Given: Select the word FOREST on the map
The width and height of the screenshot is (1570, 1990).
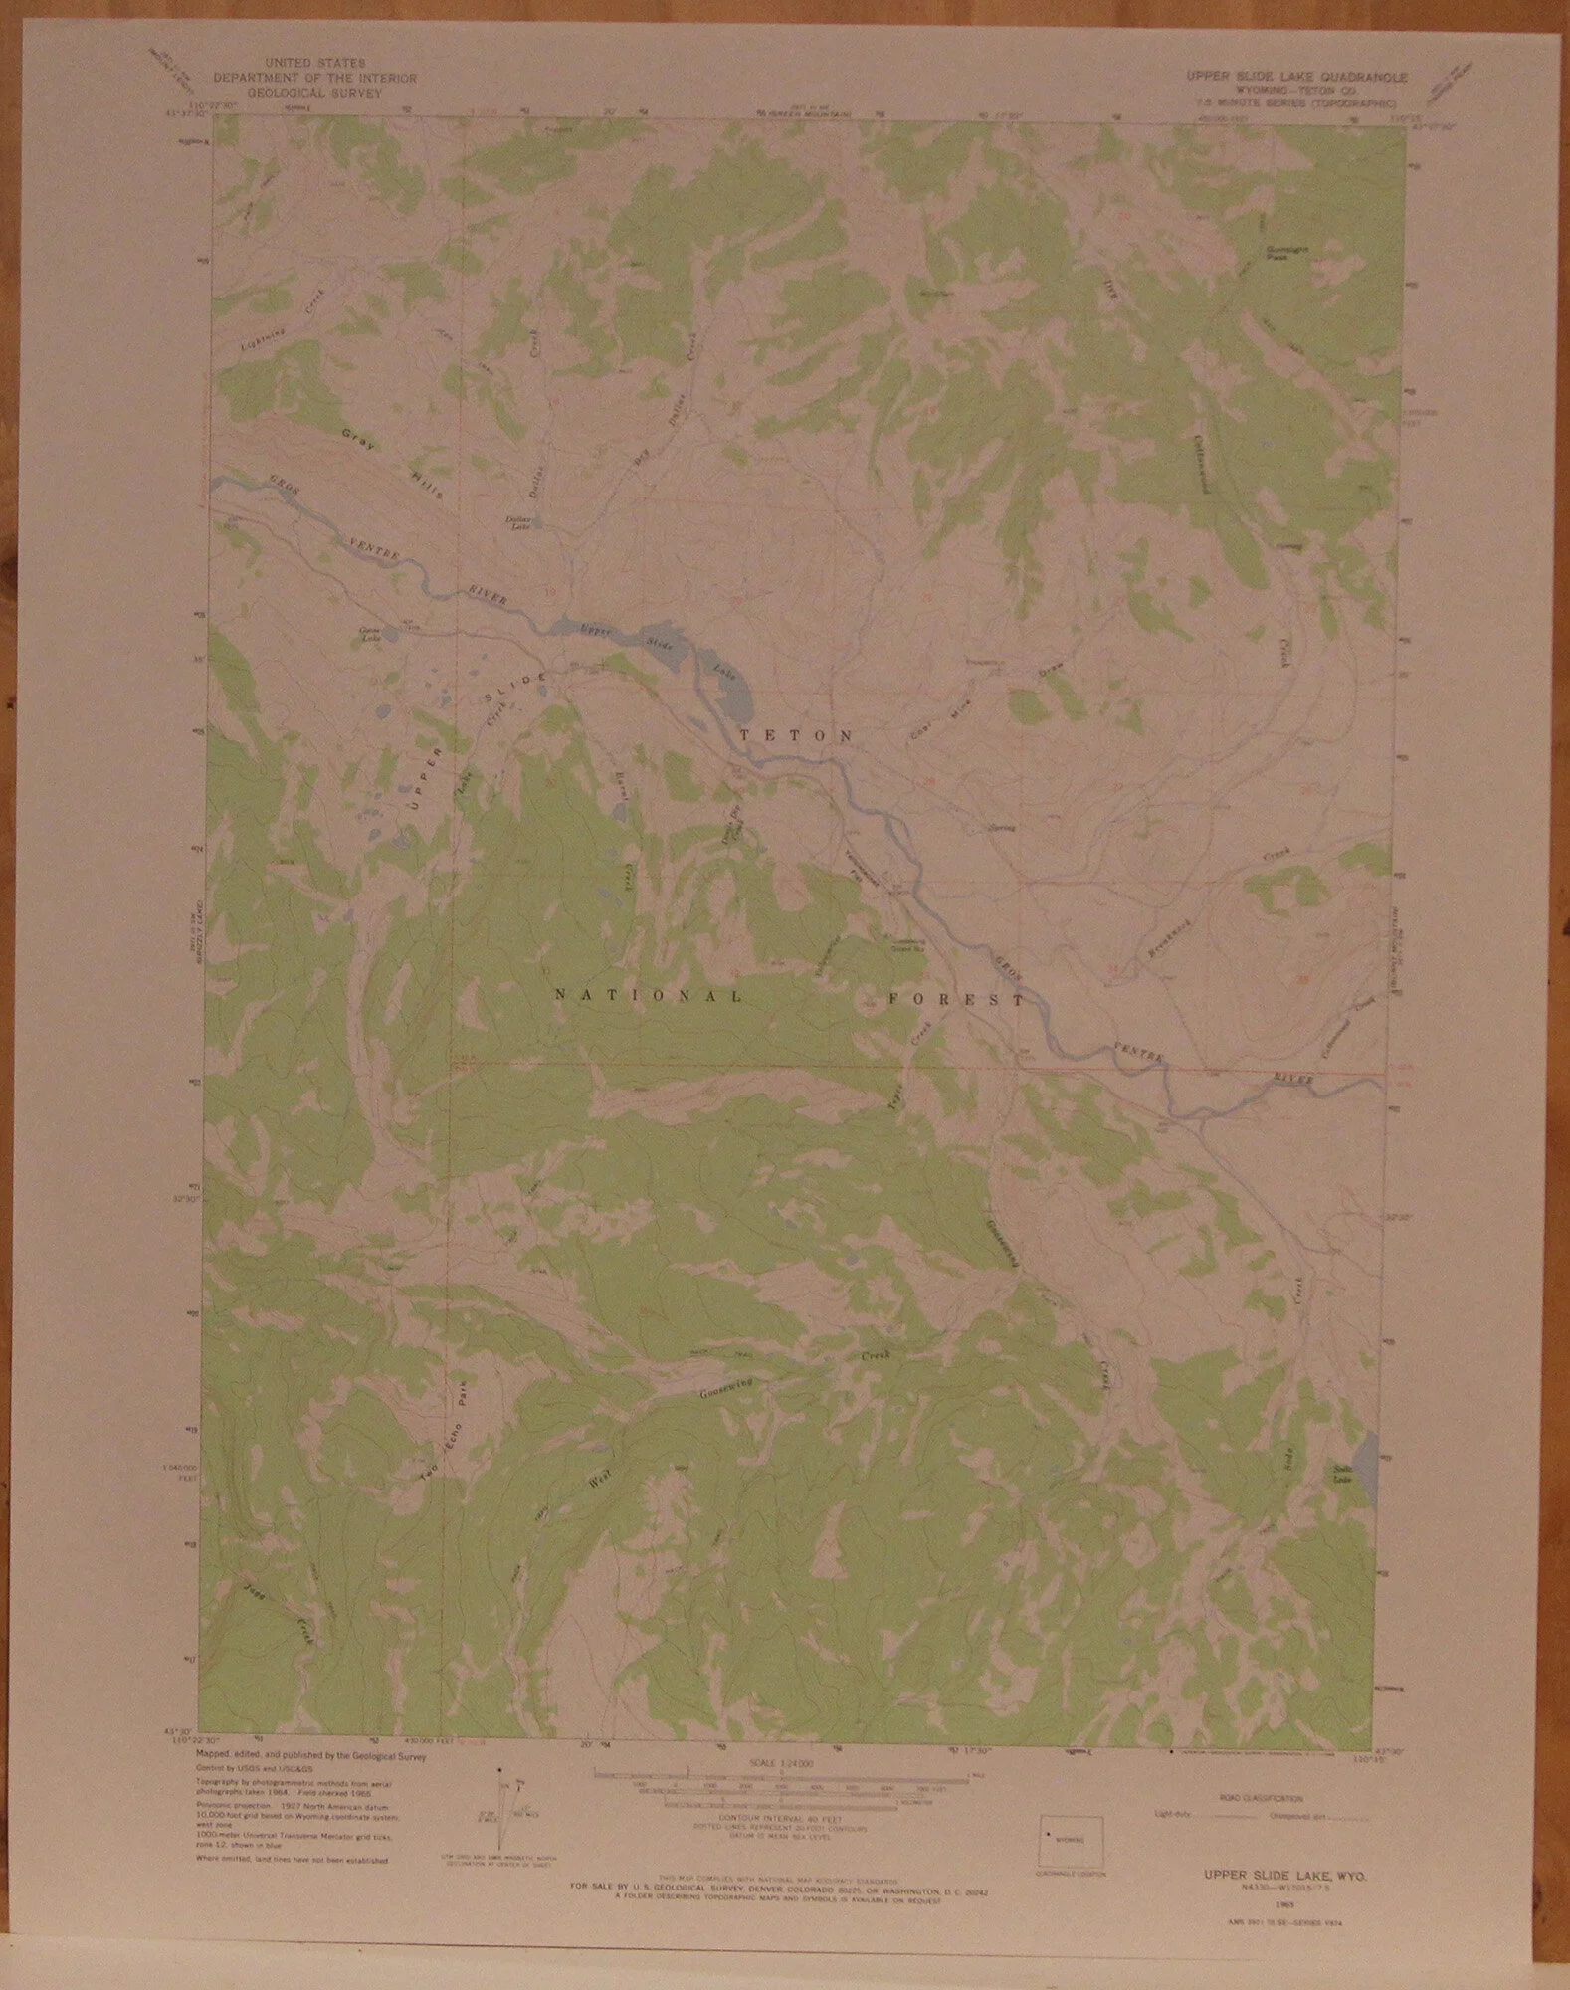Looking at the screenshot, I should click(x=956, y=999).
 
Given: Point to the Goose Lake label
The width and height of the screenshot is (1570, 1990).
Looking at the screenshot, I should click(x=370, y=635).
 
